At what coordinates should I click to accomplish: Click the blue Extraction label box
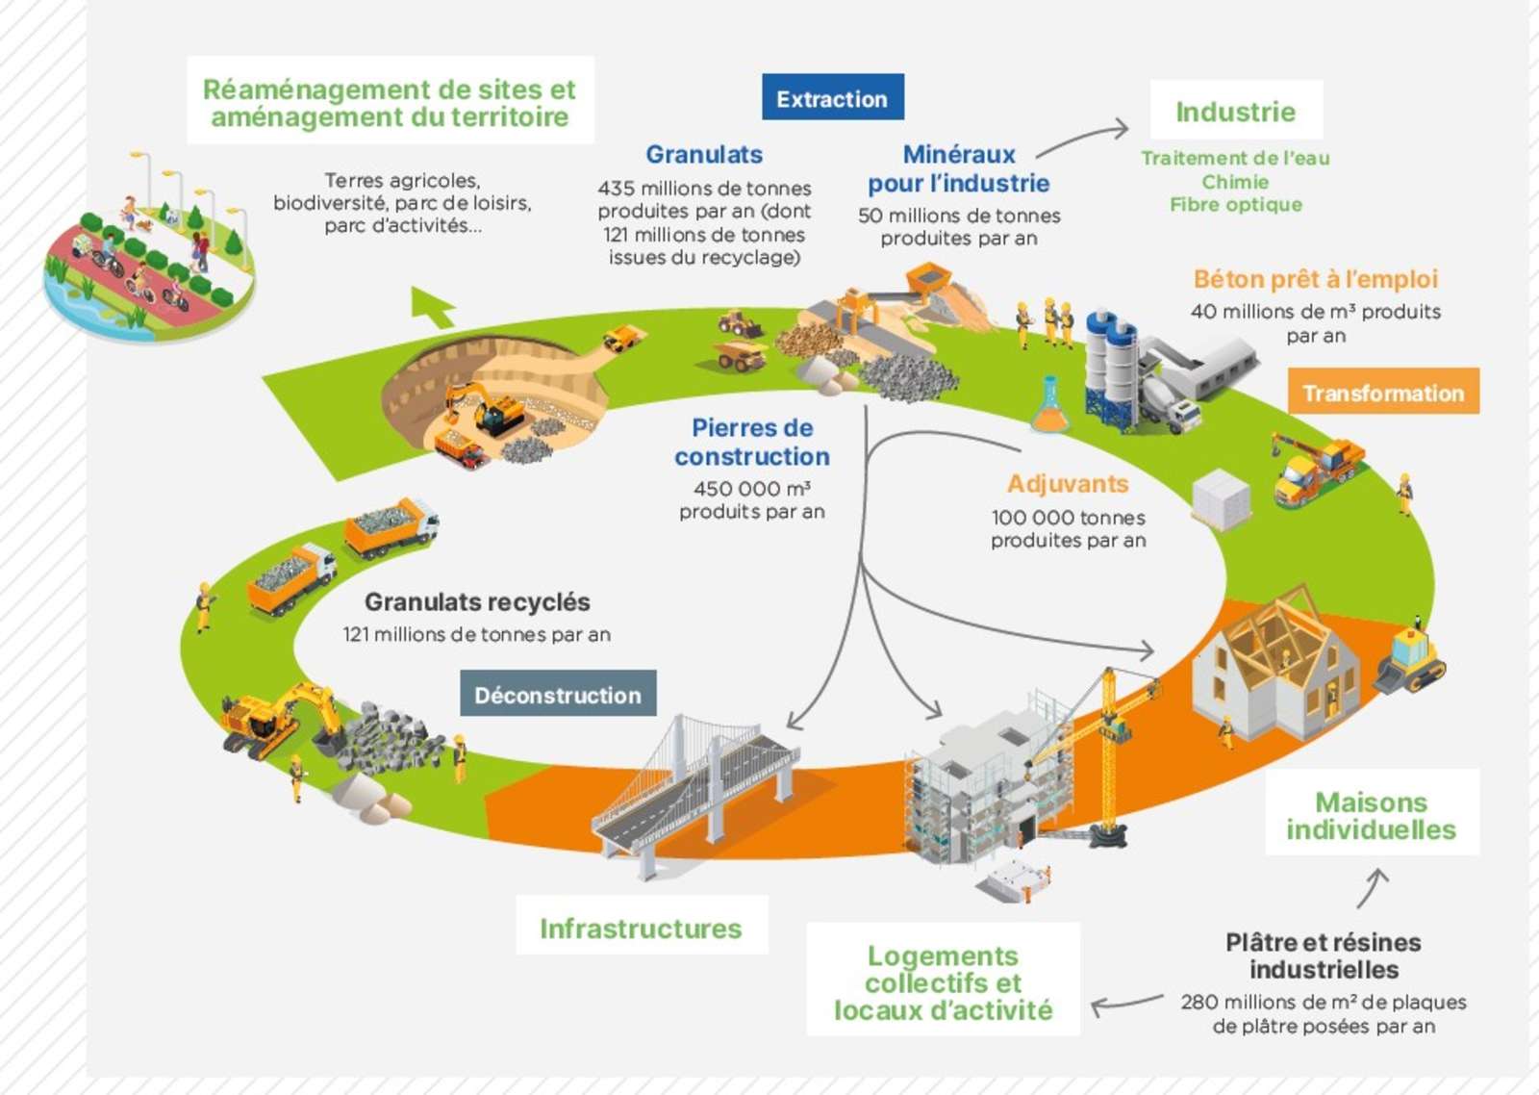point(832,97)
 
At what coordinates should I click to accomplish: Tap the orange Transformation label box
point(1382,392)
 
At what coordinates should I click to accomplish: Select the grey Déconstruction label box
point(558,694)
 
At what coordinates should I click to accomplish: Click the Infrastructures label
point(641,928)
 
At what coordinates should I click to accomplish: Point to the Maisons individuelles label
point(1371,815)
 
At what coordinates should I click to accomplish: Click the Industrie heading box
point(1235,111)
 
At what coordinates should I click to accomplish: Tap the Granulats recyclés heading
point(477,601)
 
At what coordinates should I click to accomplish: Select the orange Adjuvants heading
point(1068,483)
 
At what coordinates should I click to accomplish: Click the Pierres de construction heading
point(752,442)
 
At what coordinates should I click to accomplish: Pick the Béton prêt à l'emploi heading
point(1315,279)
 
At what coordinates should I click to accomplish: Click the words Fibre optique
point(1235,204)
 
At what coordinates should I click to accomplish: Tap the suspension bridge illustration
point(693,789)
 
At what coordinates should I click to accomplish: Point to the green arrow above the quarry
point(432,306)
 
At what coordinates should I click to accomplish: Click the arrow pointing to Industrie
point(1082,137)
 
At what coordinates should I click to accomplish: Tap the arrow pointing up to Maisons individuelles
point(1374,887)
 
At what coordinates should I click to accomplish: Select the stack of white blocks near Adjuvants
point(1221,498)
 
